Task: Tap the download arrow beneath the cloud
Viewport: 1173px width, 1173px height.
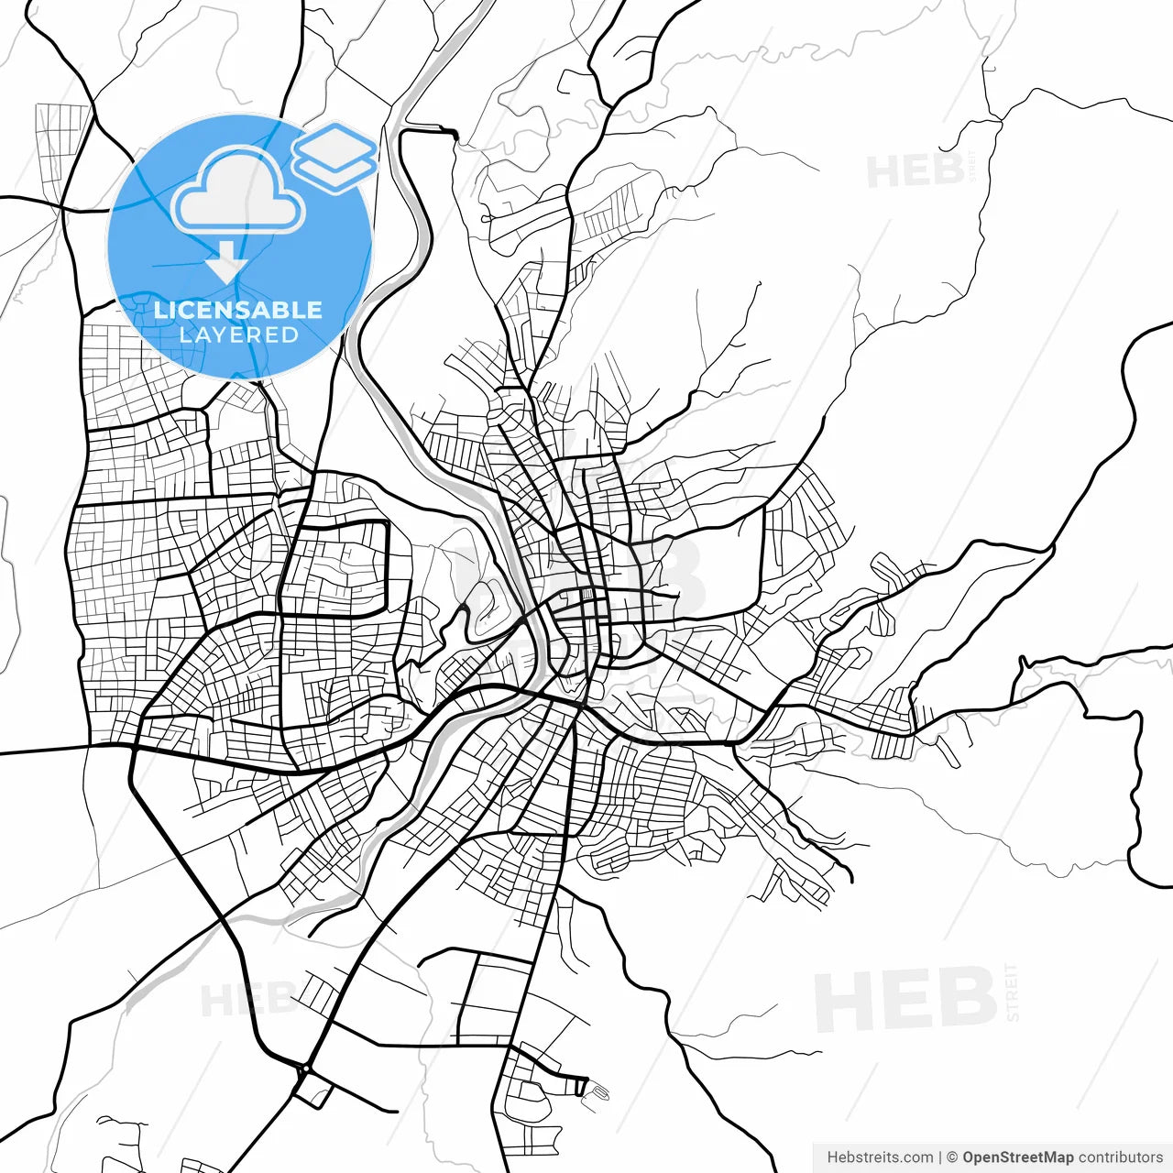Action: click(226, 263)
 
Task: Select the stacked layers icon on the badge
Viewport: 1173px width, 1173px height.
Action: click(335, 156)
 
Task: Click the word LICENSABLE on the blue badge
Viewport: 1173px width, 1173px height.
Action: click(238, 310)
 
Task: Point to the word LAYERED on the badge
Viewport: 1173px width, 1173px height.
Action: click(238, 335)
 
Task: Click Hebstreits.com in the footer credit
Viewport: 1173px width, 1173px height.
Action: click(880, 1157)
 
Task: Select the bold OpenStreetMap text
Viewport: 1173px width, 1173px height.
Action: click(1018, 1157)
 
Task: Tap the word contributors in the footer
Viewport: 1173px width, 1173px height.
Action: click(1120, 1157)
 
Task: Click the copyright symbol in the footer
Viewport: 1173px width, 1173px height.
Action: click(952, 1157)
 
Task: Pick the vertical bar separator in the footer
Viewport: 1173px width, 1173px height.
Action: click(940, 1157)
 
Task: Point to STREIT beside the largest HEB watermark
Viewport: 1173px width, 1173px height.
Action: click(1012, 992)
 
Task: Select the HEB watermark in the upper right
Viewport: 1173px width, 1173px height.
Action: click(915, 171)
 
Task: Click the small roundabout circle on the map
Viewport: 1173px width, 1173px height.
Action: click(304, 1069)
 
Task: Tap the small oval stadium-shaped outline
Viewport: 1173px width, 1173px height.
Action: click(597, 1091)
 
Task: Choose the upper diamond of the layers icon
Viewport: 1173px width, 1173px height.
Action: click(335, 144)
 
